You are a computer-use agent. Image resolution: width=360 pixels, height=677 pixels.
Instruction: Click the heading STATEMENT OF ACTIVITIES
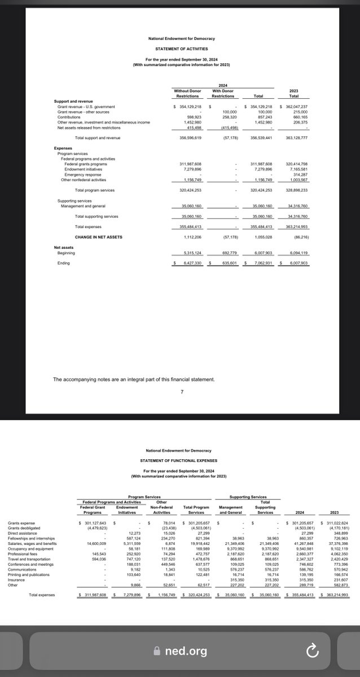(181, 49)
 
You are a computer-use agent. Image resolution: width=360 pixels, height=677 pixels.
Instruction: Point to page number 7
(181, 393)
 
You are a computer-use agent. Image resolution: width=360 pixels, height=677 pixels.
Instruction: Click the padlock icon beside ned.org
(158, 650)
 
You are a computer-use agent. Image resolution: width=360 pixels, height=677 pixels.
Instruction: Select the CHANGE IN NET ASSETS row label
(99, 237)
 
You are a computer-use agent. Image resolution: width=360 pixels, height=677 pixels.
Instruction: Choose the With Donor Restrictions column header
(222, 93)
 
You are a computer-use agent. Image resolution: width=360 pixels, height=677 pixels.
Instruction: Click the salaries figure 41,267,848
(301, 543)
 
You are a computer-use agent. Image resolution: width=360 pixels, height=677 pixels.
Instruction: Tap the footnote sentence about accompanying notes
(134, 380)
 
